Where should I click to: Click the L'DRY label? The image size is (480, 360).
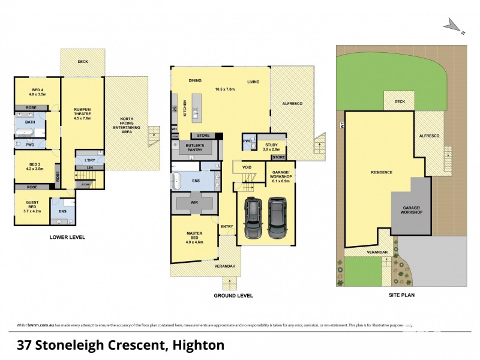coord(90,160)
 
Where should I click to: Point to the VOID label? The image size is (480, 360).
coord(247,166)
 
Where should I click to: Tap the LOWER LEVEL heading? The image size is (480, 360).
coord(67,238)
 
